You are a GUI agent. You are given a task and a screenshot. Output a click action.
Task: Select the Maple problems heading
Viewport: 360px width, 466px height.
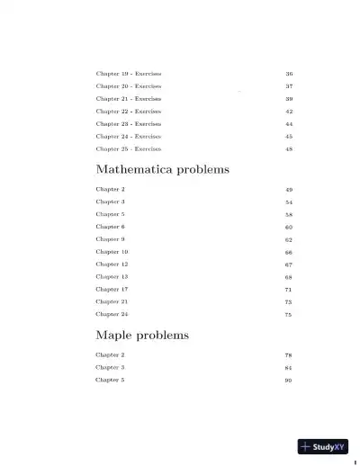point(142,335)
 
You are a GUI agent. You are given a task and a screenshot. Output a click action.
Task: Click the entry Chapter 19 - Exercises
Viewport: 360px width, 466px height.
point(129,73)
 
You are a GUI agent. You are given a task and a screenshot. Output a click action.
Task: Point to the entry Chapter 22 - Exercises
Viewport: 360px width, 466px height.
point(129,111)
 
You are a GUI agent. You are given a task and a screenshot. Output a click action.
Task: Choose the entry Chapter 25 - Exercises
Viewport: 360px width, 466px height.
point(129,148)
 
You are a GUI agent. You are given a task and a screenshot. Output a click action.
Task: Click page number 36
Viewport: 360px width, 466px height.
point(289,73)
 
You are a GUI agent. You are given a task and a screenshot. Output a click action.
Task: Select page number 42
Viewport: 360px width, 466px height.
point(289,111)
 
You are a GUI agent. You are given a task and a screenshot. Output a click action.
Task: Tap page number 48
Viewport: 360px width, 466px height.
point(289,148)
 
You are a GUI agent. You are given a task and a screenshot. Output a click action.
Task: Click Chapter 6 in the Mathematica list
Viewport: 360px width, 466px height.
point(110,227)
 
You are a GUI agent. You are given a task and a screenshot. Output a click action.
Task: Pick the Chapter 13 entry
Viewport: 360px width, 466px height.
point(112,276)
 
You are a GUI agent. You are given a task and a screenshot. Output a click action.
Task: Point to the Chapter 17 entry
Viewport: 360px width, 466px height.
point(112,289)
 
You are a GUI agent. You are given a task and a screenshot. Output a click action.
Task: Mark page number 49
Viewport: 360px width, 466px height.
point(289,190)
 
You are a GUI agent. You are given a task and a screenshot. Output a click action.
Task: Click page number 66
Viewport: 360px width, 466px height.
point(289,252)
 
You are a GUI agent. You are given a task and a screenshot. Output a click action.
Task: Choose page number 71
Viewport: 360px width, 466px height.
point(289,289)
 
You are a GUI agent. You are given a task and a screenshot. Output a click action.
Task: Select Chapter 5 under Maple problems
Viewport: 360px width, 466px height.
point(110,380)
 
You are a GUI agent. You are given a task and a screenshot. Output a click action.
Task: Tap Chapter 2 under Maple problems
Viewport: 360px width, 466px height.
point(110,355)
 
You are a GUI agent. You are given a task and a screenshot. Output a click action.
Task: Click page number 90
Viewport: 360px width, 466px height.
point(289,380)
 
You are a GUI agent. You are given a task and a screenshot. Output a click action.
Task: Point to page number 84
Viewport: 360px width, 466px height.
point(289,368)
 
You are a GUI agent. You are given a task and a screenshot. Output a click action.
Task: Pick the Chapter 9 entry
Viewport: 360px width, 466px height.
point(110,239)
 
